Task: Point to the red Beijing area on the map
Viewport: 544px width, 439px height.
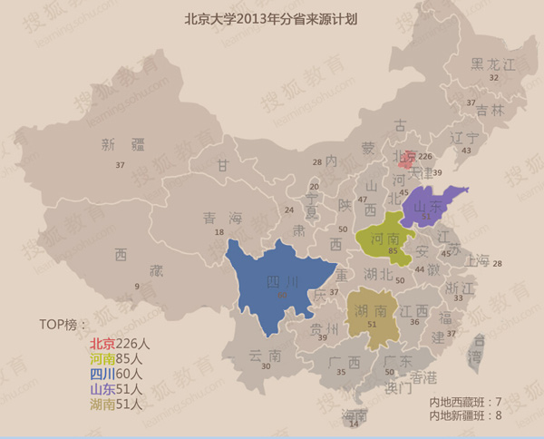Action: click(x=409, y=160)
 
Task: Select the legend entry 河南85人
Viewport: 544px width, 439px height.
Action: click(x=114, y=358)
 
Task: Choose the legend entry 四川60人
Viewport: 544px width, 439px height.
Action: click(x=114, y=374)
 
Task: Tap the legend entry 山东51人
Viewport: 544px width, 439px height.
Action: click(x=114, y=389)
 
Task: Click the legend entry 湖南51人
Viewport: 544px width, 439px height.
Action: click(x=114, y=405)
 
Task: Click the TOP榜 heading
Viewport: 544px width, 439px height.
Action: click(x=64, y=324)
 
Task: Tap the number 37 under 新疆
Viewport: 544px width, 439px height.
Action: click(x=120, y=165)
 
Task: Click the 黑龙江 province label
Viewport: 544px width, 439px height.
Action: click(x=493, y=64)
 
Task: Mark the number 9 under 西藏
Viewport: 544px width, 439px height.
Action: click(x=136, y=287)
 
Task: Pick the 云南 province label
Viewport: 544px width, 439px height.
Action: click(x=251, y=356)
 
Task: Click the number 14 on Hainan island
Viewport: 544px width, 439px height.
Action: click(x=354, y=424)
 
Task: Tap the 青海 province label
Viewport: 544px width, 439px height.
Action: click(x=222, y=218)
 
